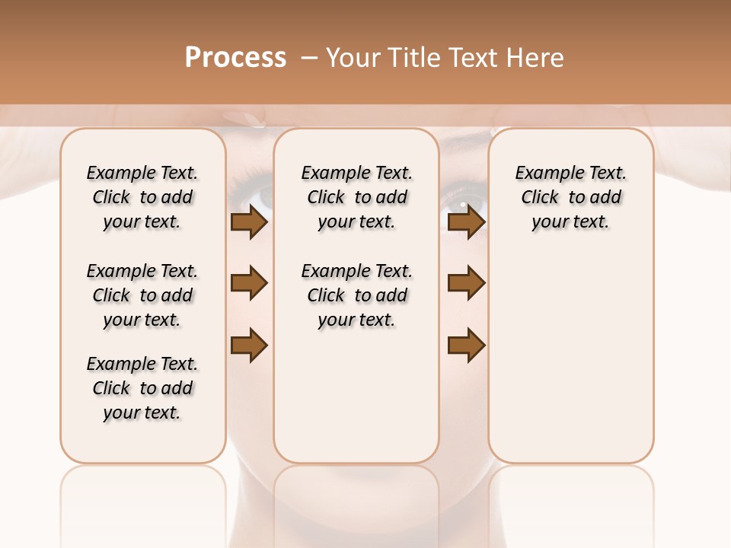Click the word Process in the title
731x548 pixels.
click(x=235, y=58)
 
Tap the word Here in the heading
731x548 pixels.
click(x=536, y=58)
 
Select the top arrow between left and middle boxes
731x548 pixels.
click(x=249, y=222)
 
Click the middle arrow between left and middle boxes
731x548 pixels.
click(x=249, y=283)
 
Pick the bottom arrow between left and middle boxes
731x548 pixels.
click(x=249, y=346)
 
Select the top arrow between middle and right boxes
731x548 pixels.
click(x=466, y=222)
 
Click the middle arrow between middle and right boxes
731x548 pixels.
click(x=466, y=283)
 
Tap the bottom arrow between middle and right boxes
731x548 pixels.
click(x=466, y=346)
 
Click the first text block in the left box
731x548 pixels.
click(x=142, y=197)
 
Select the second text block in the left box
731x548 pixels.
click(x=142, y=295)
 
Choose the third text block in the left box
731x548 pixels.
click(x=142, y=388)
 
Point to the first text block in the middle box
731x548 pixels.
click(x=356, y=197)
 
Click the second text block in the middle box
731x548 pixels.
click(x=356, y=295)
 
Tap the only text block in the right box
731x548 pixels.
click(x=570, y=197)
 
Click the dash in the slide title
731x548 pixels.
click(x=309, y=58)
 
